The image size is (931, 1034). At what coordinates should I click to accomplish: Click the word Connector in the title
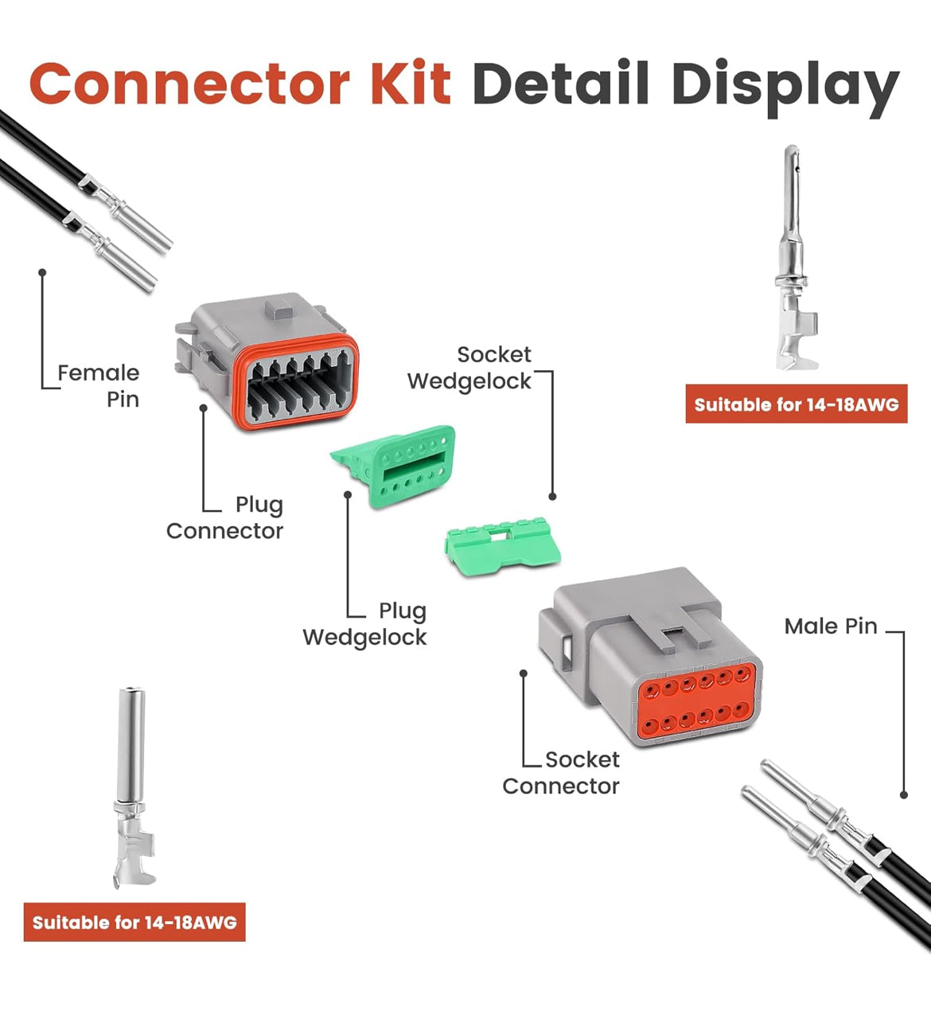(x=189, y=84)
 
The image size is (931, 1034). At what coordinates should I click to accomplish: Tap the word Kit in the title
(x=411, y=84)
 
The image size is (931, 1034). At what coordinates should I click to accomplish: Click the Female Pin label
(x=99, y=385)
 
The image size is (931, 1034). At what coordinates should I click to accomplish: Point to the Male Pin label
(x=831, y=626)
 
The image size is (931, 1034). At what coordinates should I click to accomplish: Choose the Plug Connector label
(x=225, y=517)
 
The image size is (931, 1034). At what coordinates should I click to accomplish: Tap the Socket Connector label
(x=561, y=773)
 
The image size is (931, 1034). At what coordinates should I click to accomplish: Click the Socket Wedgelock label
(x=469, y=368)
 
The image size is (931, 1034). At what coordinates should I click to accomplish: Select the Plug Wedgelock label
(x=365, y=624)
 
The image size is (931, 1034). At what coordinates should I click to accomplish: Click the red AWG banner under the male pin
(x=797, y=404)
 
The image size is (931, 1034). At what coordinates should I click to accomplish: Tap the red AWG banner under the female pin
(x=134, y=923)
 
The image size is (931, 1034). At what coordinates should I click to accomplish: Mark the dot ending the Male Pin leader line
(x=904, y=794)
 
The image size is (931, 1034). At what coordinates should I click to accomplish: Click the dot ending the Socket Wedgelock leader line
(x=552, y=496)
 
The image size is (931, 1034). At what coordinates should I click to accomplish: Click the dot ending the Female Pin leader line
(x=42, y=272)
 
